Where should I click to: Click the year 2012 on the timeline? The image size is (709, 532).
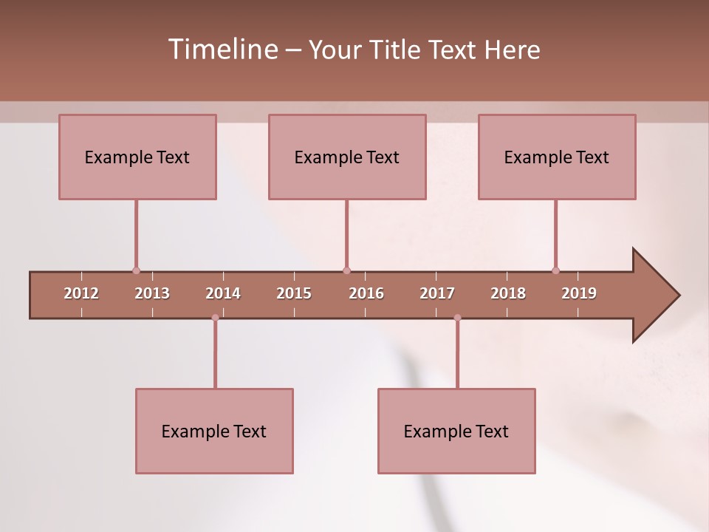[x=81, y=293]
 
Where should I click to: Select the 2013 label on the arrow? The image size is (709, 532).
[x=152, y=293]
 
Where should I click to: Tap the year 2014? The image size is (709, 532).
[x=223, y=293]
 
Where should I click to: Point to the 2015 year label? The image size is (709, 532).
[x=294, y=293]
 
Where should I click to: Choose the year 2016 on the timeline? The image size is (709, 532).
[x=366, y=293]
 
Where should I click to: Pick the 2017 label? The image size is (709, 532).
[x=437, y=293]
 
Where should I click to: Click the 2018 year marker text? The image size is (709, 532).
[x=508, y=293]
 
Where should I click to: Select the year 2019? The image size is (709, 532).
[x=579, y=293]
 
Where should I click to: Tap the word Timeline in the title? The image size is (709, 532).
[x=222, y=50]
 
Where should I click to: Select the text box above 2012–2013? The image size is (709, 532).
[x=137, y=157]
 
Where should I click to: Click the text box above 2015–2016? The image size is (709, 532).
[x=347, y=157]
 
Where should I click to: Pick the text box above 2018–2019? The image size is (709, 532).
[x=557, y=157]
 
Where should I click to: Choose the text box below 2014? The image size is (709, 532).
[x=214, y=431]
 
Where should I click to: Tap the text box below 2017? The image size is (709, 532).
[x=456, y=431]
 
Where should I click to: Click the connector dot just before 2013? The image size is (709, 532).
[x=136, y=270]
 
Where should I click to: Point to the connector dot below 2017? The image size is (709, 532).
[x=457, y=318]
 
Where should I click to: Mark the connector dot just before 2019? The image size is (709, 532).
[x=555, y=270]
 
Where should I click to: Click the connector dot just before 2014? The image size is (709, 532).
[x=215, y=318]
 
